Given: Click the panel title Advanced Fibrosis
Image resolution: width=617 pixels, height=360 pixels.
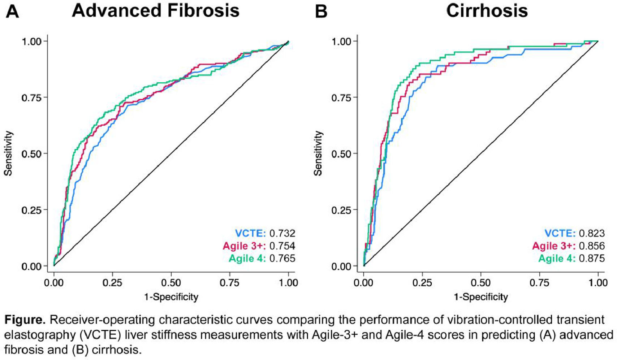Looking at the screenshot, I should tap(156, 10).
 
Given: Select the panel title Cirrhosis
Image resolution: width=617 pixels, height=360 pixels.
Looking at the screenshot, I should tap(487, 10).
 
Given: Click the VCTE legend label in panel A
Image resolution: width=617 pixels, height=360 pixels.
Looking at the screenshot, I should tap(250, 233).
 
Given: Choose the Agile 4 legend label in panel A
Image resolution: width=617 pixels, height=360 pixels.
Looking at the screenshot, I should tap(247, 258).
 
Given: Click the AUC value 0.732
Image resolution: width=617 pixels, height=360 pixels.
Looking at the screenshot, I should tap(282, 233).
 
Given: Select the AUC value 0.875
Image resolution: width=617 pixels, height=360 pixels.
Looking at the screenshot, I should tap(592, 258).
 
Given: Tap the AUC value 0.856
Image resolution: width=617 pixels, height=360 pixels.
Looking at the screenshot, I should tap(592, 246).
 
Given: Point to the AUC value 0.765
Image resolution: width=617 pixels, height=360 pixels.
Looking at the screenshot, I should tap(282, 258).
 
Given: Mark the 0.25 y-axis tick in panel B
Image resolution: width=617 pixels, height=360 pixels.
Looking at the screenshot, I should tap(341, 210).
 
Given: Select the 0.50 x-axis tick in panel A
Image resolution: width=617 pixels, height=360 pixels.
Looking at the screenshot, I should tap(171, 282).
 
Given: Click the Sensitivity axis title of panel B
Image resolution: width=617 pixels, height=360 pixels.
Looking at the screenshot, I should tap(318, 153).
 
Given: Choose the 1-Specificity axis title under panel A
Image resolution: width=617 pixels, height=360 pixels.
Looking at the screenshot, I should tap(171, 297).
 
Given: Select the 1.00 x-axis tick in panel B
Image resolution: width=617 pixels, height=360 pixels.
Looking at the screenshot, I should tap(598, 282).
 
